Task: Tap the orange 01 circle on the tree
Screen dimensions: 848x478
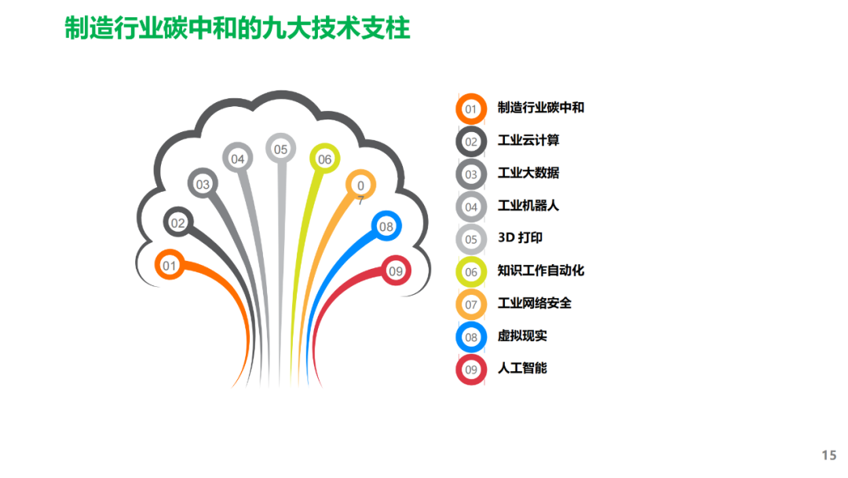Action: coord(170,266)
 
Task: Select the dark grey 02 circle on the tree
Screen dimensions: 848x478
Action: coord(178,222)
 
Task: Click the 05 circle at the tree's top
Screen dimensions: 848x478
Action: coord(280,148)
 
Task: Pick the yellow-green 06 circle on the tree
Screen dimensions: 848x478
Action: coord(324,159)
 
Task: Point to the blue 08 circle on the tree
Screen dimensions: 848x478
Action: coord(386,226)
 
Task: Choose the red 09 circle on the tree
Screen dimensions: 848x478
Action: coord(396,271)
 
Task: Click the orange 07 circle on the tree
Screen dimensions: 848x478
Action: coord(360,186)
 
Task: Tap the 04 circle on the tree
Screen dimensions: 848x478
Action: coord(237,159)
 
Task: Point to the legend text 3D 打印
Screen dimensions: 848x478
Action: coord(520,237)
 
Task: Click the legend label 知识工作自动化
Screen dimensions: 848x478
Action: coord(541,270)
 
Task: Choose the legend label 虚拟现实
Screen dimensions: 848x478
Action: coord(522,336)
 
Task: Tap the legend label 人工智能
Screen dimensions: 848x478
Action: coord(522,368)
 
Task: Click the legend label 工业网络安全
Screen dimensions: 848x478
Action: coord(535,303)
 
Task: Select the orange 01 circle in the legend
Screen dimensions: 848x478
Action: coord(471,109)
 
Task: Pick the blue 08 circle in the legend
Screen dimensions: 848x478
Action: coord(471,337)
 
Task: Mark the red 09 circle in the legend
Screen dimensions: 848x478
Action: coord(471,370)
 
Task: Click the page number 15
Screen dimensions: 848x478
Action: coord(828,455)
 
